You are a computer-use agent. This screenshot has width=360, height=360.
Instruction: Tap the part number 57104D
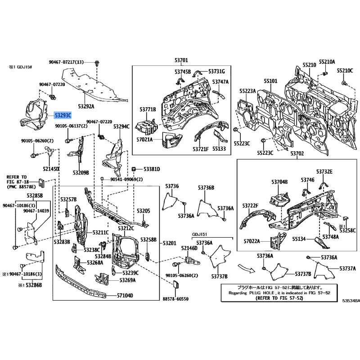click(x=126, y=296)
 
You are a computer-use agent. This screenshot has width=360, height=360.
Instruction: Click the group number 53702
click(x=297, y=154)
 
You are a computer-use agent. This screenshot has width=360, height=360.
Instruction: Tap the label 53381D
click(x=151, y=169)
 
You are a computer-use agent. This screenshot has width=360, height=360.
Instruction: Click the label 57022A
click(x=252, y=241)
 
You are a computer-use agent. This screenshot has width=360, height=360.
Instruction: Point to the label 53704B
click(x=279, y=182)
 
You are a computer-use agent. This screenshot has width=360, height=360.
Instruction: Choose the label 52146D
click(x=189, y=248)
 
